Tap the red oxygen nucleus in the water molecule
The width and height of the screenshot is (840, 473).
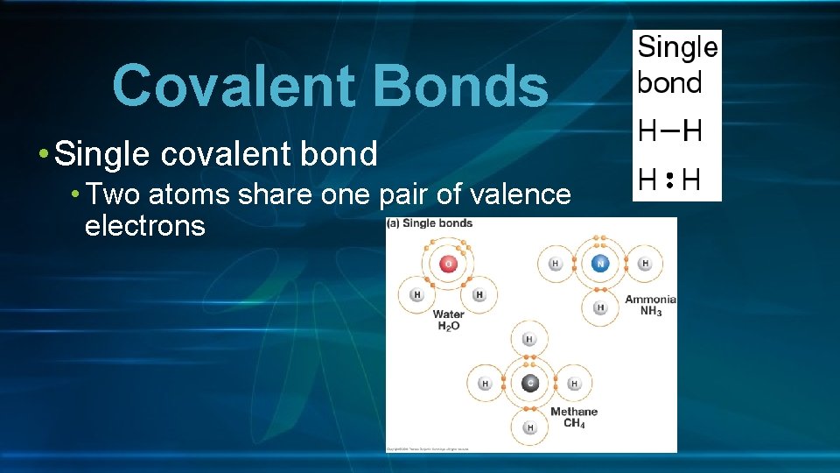coord(449,264)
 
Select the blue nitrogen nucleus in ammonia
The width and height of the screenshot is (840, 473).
coord(599,263)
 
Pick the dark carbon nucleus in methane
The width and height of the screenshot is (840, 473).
coord(529,383)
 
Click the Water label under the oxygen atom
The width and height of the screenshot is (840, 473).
coord(449,314)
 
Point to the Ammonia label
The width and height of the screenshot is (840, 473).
coord(650,300)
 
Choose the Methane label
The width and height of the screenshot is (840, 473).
coord(574,412)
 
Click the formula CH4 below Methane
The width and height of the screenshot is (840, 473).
coord(574,424)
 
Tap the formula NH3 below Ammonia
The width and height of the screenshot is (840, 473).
coord(650,311)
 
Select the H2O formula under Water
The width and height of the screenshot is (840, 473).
coord(449,326)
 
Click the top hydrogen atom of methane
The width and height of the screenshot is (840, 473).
coord(529,339)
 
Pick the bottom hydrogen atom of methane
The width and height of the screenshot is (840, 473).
coord(529,427)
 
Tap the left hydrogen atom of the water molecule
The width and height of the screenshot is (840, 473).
coord(417,295)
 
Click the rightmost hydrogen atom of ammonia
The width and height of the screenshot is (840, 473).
coord(645,264)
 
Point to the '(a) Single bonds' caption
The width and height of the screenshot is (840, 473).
coord(430,223)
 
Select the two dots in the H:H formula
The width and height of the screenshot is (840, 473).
coord(668,180)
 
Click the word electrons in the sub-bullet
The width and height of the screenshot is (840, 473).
coord(144,226)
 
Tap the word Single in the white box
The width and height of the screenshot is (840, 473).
coord(677,47)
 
